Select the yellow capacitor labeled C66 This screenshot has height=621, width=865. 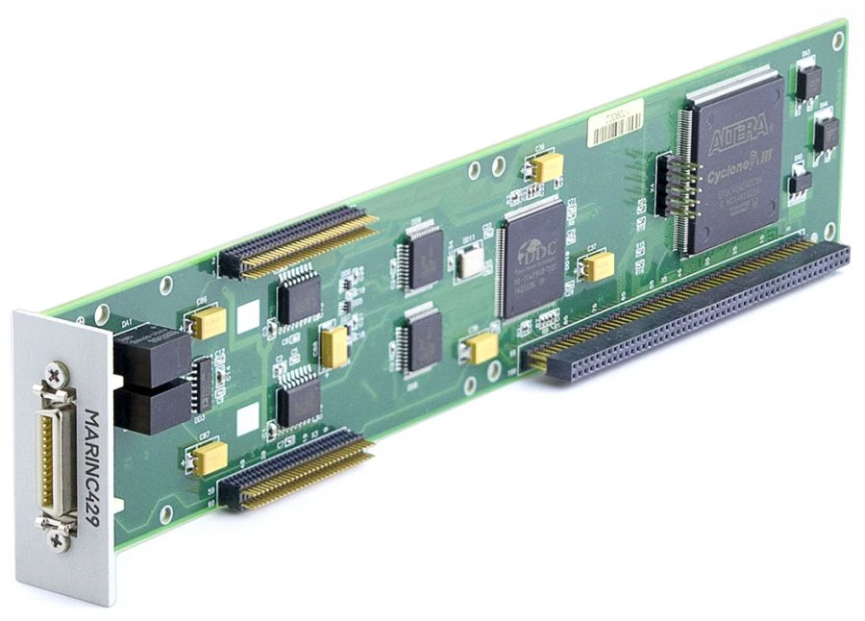(x=210, y=322)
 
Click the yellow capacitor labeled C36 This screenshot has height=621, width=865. (x=549, y=167)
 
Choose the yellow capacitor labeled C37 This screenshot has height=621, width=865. (x=599, y=264)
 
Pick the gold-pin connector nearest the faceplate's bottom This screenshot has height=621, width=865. (x=293, y=469)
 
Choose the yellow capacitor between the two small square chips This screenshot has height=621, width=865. (x=334, y=346)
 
